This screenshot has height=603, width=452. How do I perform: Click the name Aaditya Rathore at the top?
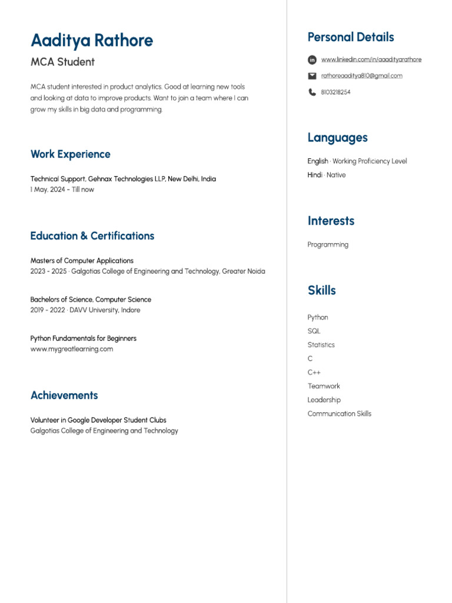(x=92, y=41)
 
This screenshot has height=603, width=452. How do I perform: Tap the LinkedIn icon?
(x=312, y=59)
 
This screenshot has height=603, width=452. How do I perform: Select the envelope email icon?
(x=312, y=76)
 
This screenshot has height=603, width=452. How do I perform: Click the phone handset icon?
(x=312, y=92)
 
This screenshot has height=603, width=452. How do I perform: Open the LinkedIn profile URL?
(x=371, y=59)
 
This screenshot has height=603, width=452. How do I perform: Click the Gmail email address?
(x=361, y=76)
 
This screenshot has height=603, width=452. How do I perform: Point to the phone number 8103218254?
(x=335, y=92)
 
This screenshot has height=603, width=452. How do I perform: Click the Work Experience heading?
(x=70, y=154)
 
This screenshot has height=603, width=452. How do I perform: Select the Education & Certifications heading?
(x=92, y=236)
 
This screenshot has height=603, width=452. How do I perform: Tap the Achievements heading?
(x=64, y=395)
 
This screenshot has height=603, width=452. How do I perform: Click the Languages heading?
(x=337, y=138)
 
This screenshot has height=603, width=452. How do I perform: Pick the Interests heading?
(x=331, y=221)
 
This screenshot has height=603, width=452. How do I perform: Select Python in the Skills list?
(x=318, y=317)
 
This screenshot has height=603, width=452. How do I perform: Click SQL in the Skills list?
(x=314, y=331)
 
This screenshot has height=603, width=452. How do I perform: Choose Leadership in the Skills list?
(x=324, y=400)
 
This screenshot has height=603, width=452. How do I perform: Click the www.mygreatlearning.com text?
(x=72, y=349)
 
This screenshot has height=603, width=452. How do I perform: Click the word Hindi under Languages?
(x=314, y=175)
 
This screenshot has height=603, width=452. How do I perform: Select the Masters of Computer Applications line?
(x=82, y=260)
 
